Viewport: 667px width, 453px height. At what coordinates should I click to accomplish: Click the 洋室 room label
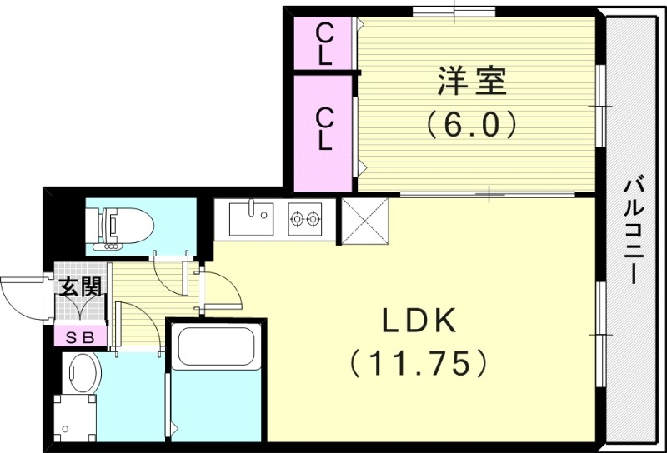[x=472, y=83]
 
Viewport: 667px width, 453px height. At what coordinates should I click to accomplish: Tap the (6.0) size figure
[x=472, y=125]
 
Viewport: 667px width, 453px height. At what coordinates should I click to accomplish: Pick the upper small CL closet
[x=324, y=43]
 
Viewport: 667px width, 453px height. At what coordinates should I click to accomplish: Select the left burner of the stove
[x=297, y=220]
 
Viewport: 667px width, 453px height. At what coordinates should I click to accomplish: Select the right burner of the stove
[x=314, y=220]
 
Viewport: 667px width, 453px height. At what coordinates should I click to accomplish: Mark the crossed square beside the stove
[x=365, y=222]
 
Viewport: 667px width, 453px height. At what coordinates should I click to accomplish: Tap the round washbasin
[x=82, y=371]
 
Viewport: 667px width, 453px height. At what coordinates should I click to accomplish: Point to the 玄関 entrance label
[x=80, y=288]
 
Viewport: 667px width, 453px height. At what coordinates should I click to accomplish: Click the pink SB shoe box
[x=80, y=336]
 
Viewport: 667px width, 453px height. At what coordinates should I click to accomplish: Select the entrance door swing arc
[x=21, y=296]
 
